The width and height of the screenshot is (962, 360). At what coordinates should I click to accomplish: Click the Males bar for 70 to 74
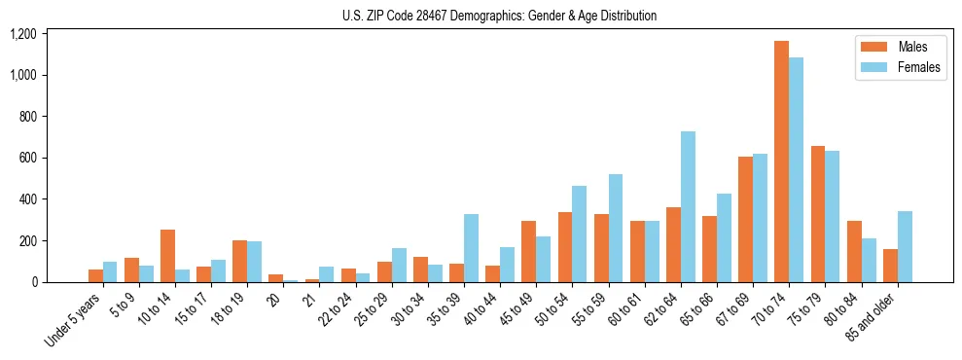pyautogui.click(x=781, y=162)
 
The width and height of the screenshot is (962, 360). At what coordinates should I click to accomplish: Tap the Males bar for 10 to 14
pyautogui.click(x=167, y=256)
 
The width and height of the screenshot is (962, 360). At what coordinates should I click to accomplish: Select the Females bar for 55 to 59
pyautogui.click(x=616, y=228)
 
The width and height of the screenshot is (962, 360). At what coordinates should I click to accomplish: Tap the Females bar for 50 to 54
pyautogui.click(x=580, y=234)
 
